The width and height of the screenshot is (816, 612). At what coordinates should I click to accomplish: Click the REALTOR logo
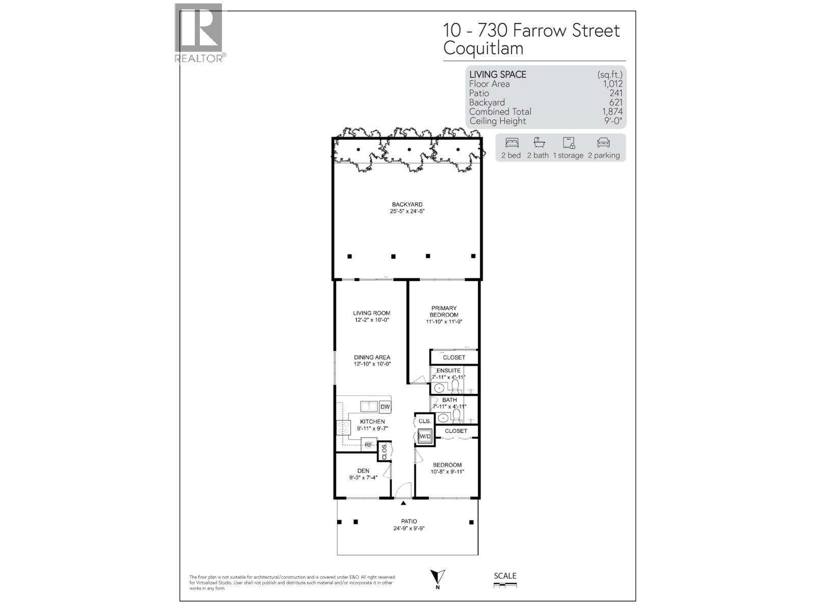pyautogui.click(x=199, y=33)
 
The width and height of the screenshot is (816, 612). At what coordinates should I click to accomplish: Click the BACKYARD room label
pyautogui.click(x=407, y=205)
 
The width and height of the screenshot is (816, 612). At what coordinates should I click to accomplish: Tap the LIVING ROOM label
pyautogui.click(x=372, y=313)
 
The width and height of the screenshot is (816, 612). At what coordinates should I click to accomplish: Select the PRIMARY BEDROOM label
pyautogui.click(x=444, y=312)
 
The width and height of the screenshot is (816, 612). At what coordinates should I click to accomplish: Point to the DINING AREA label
pyautogui.click(x=372, y=358)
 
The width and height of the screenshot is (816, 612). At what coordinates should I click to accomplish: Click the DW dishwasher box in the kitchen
pyautogui.click(x=385, y=407)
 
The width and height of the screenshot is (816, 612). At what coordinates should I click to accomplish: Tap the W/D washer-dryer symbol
pyautogui.click(x=425, y=437)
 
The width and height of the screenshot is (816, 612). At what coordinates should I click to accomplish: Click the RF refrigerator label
pyautogui.click(x=368, y=445)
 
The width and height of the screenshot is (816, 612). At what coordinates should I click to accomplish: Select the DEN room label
pyautogui.click(x=363, y=471)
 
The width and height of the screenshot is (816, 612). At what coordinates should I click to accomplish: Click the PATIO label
pyautogui.click(x=409, y=521)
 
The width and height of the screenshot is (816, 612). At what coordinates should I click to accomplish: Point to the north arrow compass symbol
pyautogui.click(x=438, y=578)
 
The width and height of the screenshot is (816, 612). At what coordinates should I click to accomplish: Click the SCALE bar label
pyautogui.click(x=505, y=576)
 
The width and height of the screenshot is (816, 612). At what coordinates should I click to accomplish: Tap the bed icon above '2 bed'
pyautogui.click(x=511, y=142)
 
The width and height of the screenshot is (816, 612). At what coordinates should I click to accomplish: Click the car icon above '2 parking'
pyautogui.click(x=603, y=142)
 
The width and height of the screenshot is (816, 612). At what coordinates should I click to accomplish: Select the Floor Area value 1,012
pyautogui.click(x=613, y=84)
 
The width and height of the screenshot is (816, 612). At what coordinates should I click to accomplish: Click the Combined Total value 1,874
pyautogui.click(x=612, y=112)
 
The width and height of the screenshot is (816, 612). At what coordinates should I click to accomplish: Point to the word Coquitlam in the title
pyautogui.click(x=483, y=48)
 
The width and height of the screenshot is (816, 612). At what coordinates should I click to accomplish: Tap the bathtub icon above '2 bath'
pyautogui.click(x=539, y=142)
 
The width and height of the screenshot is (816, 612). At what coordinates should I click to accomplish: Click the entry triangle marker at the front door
pyautogui.click(x=403, y=503)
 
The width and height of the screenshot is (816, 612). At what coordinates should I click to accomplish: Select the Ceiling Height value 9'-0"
pyautogui.click(x=612, y=121)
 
